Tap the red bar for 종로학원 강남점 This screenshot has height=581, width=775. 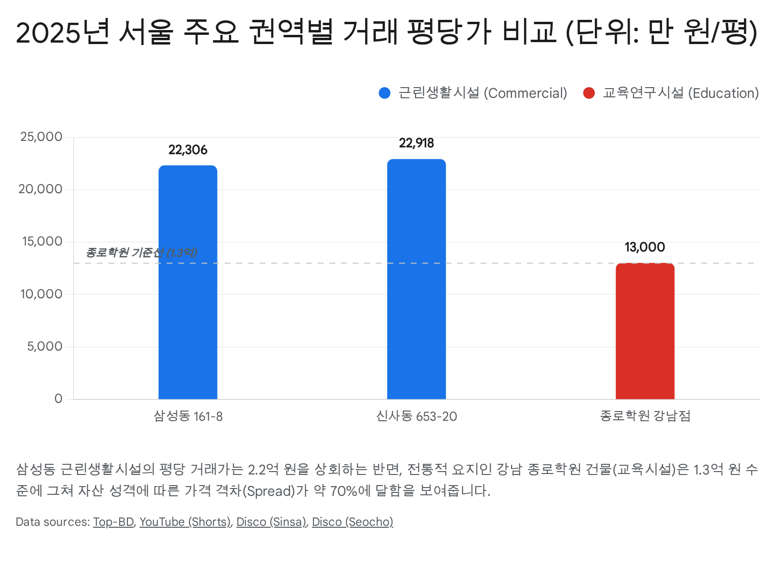point(645,331)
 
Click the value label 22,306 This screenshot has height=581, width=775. point(188,150)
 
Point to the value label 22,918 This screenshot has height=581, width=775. point(417,143)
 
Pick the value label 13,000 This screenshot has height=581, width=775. point(645,247)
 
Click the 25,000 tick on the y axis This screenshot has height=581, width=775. point(42,137)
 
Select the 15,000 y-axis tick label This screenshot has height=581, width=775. point(43,242)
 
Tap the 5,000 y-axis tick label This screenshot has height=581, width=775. point(45,347)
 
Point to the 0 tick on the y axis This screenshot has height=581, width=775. point(59,399)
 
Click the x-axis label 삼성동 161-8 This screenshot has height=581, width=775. point(188,416)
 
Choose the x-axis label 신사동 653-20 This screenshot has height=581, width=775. point(417,416)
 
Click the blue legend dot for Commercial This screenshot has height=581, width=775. point(385,93)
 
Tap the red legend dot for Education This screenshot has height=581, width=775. point(589,93)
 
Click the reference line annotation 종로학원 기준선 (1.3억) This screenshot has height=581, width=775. point(141,253)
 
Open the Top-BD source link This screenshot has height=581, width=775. point(113,522)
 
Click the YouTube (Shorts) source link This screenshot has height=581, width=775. point(185,522)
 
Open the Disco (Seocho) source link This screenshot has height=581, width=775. point(352,522)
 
